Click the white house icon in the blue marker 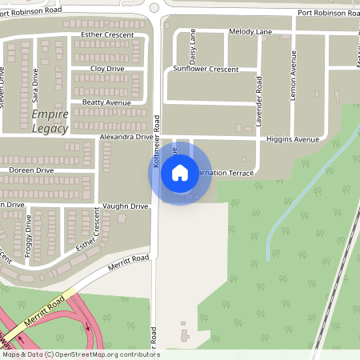[180, 172]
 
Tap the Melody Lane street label [250, 31]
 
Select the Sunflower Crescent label [206, 70]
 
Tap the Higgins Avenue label [293, 139]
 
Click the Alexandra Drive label [126, 138]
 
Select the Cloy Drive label [106, 69]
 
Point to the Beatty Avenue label [106, 103]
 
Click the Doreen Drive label [31, 170]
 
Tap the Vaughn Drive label [127, 206]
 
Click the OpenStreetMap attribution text [80, 354]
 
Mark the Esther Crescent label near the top [106, 35]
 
